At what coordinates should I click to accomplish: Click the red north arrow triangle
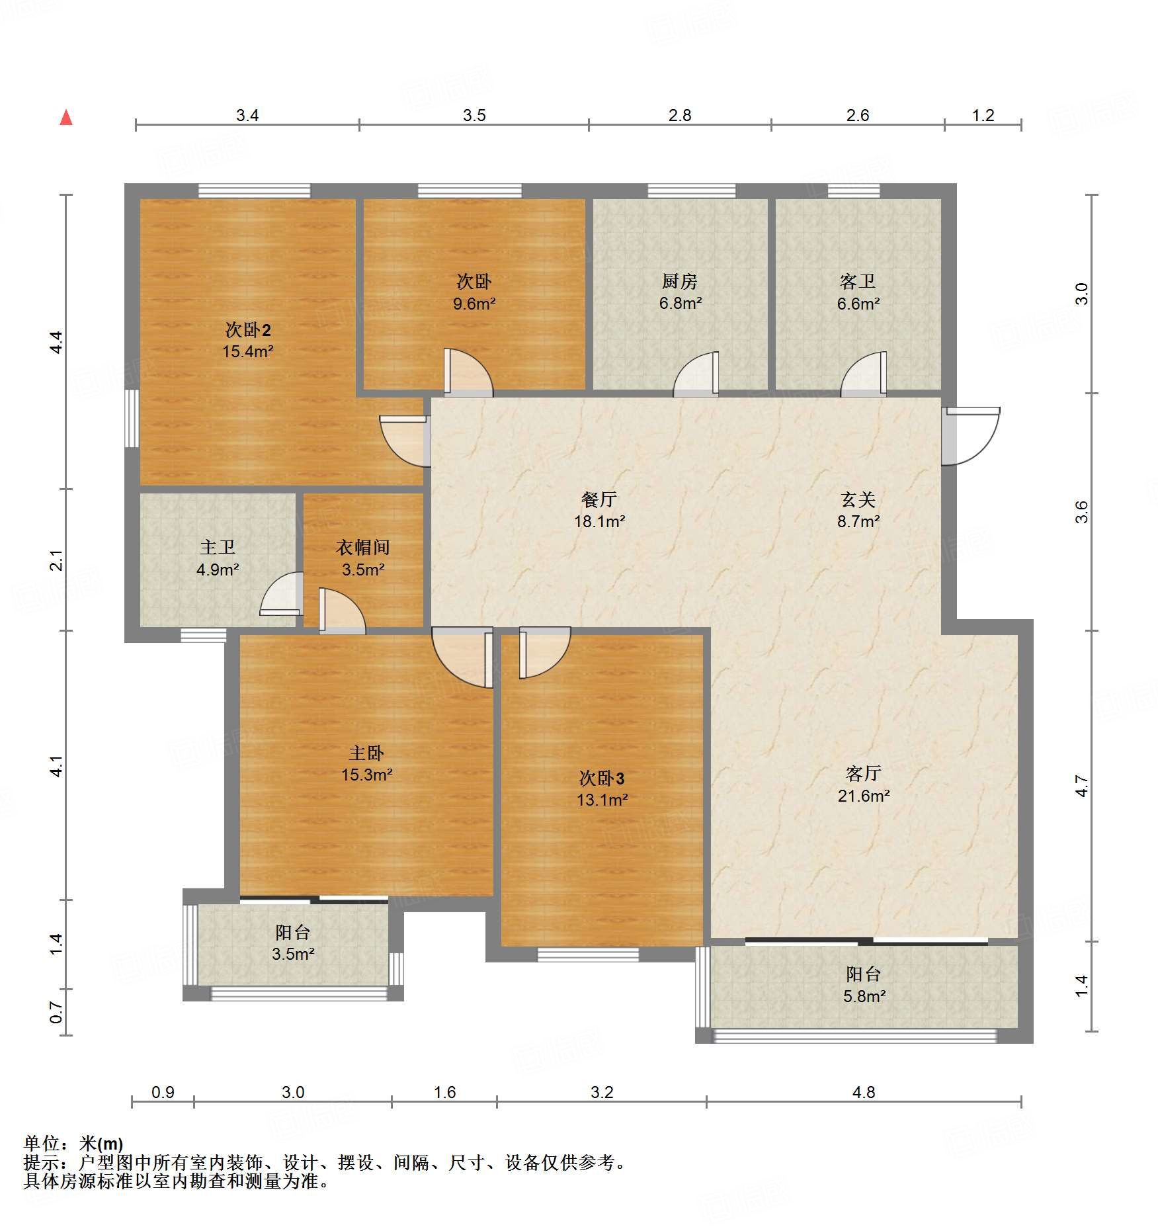[x=66, y=117]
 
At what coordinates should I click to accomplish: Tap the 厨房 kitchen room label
[x=680, y=282]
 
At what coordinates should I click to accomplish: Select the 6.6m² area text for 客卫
[x=858, y=304]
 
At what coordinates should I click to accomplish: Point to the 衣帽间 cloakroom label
[x=363, y=548]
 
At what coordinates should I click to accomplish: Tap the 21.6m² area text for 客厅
[x=863, y=796]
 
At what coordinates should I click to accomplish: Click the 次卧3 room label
[x=602, y=779]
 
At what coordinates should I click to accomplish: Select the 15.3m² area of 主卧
[x=367, y=775]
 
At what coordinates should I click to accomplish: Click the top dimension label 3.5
[x=474, y=115]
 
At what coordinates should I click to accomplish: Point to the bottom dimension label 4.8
[x=864, y=1092]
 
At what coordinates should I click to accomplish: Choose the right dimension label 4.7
[x=1081, y=786]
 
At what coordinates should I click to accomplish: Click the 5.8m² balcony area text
[x=864, y=995]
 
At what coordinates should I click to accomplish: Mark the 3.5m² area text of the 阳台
[x=293, y=954]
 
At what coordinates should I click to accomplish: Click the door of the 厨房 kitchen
[x=696, y=374]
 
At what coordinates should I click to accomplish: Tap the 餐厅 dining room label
[x=599, y=499]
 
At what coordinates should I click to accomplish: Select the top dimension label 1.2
[x=983, y=115]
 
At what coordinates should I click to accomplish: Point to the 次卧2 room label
[x=248, y=329]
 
